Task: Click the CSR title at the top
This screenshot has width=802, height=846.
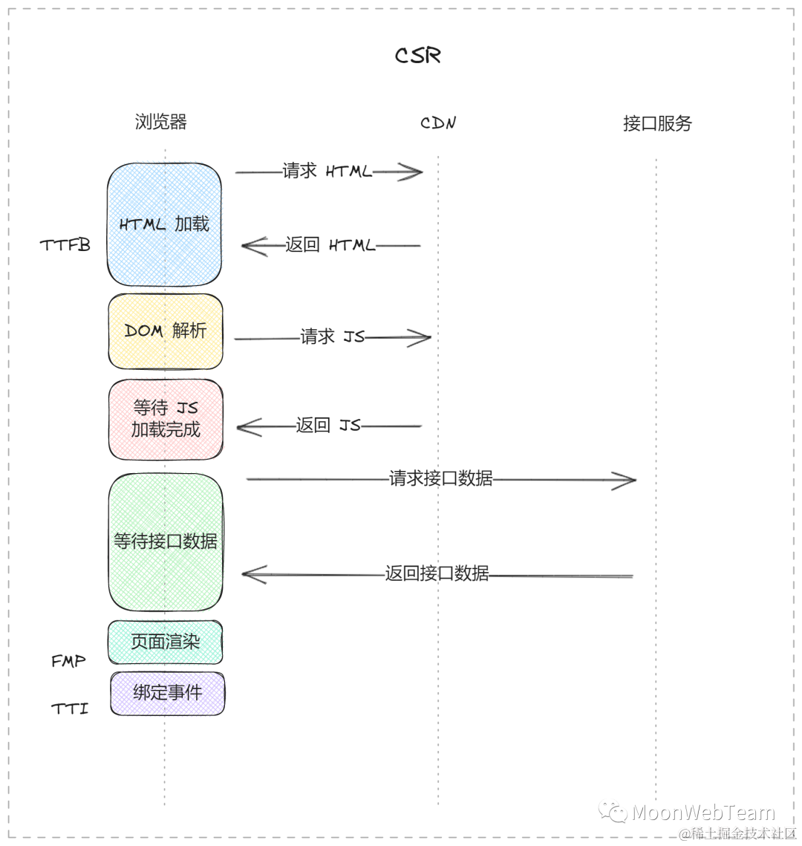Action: click(418, 56)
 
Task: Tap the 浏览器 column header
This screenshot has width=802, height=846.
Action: click(160, 122)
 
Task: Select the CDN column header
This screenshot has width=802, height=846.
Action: click(438, 123)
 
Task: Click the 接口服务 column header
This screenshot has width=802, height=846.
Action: click(657, 123)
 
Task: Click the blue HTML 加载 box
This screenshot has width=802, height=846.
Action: click(164, 224)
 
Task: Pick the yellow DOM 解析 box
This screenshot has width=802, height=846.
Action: click(165, 331)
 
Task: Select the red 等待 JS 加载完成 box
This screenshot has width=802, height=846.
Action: click(165, 419)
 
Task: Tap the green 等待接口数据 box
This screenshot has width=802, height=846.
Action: click(165, 541)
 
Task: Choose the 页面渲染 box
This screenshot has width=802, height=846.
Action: click(165, 642)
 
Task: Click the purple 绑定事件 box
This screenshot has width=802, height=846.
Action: click(167, 693)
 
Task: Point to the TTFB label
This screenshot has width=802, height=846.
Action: click(65, 245)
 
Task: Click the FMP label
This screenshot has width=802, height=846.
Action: click(68, 661)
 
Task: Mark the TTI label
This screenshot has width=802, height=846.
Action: click(70, 709)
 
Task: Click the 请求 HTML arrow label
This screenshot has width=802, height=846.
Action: click(327, 172)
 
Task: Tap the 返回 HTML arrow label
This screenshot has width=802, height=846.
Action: click(330, 245)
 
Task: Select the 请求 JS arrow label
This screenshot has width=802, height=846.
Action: click(332, 337)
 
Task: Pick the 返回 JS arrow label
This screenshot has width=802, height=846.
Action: click(327, 426)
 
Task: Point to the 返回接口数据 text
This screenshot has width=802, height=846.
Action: click(437, 573)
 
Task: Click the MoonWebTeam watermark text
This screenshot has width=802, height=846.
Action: click(702, 812)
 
